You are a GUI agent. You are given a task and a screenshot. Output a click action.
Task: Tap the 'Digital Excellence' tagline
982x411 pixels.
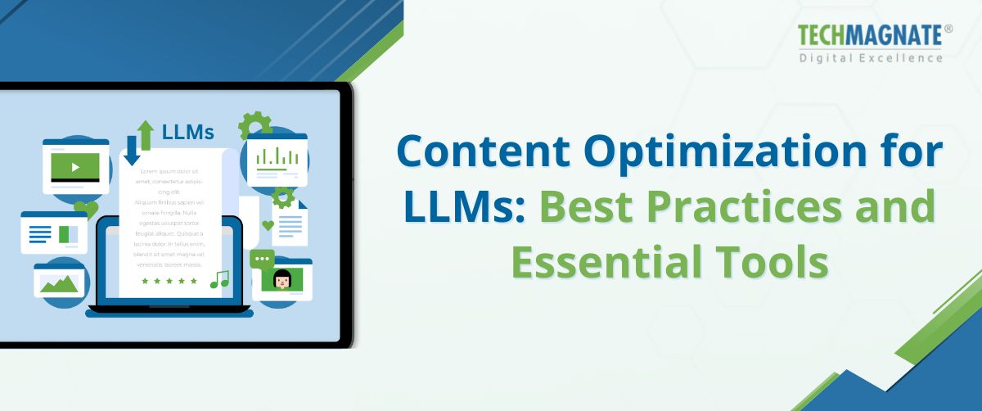pyautogui.click(x=870, y=57)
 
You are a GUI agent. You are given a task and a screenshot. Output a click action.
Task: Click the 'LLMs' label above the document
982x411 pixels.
pyautogui.click(x=188, y=132)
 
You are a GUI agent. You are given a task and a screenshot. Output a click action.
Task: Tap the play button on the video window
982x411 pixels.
pyautogui.click(x=75, y=167)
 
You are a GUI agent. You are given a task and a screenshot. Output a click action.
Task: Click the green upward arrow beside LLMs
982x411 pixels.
pyautogui.click(x=146, y=135)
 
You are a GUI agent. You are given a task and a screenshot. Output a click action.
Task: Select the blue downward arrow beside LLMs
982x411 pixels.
pyautogui.click(x=133, y=151)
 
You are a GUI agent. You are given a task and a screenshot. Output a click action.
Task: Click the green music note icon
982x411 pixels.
pyautogui.click(x=219, y=280)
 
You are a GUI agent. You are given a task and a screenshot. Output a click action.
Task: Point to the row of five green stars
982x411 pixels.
pyautogui.click(x=169, y=281)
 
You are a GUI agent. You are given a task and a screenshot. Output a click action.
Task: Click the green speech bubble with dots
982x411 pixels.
pyautogui.click(x=263, y=260)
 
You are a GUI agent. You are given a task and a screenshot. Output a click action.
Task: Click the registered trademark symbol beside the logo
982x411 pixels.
pyautogui.click(x=948, y=29)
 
